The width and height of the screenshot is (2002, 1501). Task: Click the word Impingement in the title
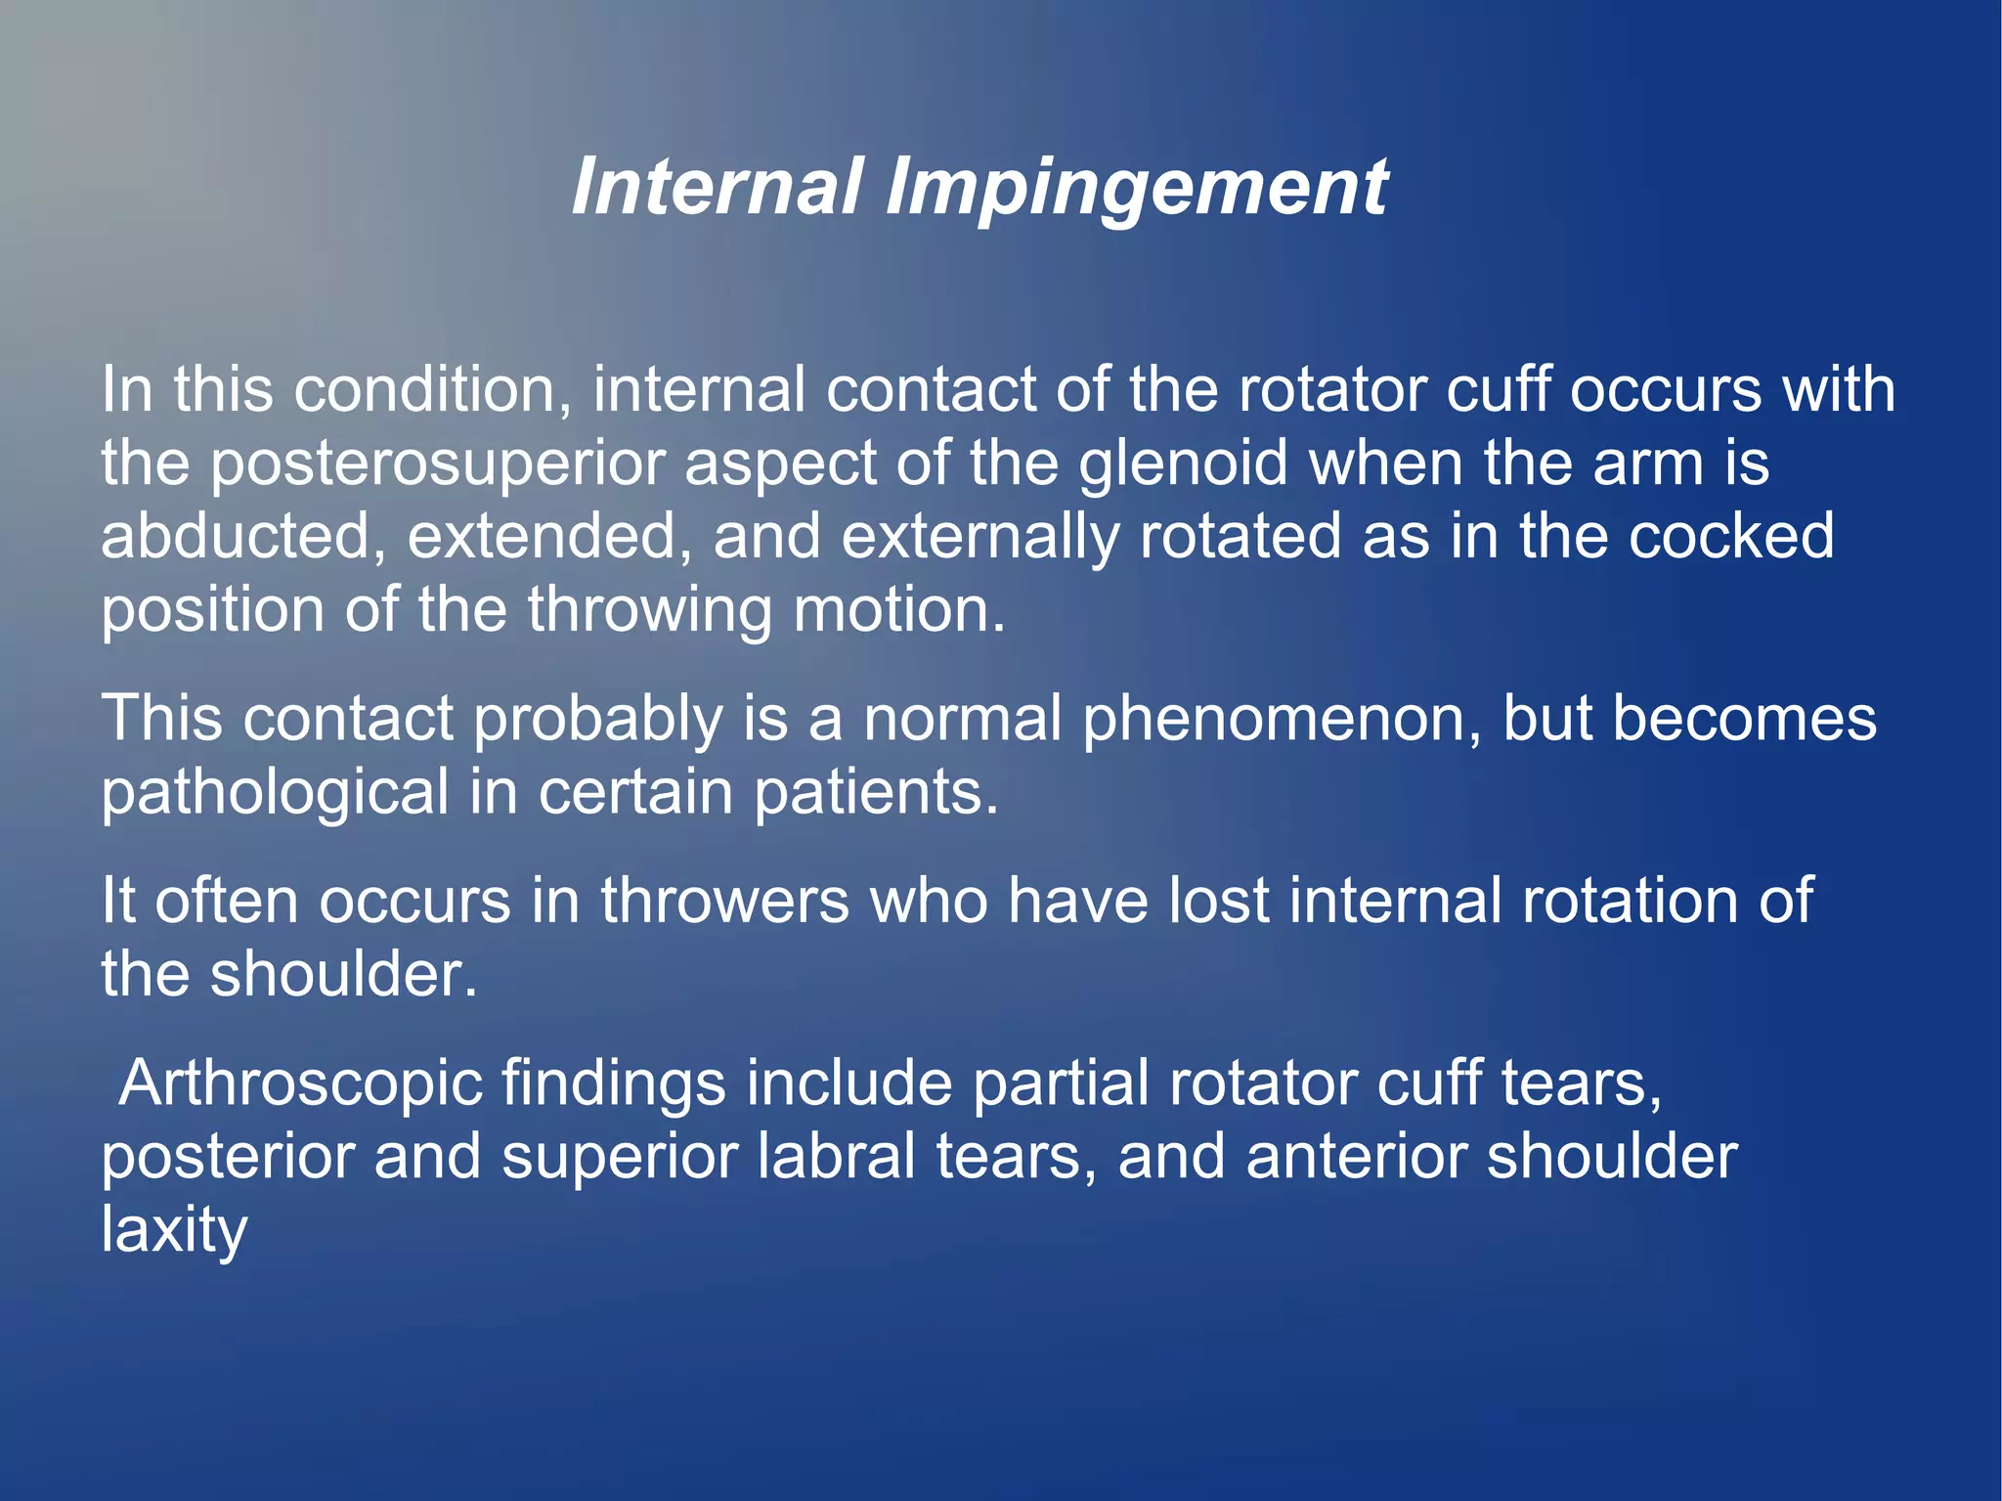(x=1136, y=187)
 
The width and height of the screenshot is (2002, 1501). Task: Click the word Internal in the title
(x=718, y=187)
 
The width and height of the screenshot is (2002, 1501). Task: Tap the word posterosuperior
(x=437, y=464)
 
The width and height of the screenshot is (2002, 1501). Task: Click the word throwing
(x=650, y=610)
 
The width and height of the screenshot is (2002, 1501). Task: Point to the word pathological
(x=275, y=792)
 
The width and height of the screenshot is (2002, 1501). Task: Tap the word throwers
(x=724, y=901)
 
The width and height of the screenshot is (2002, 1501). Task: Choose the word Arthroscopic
(x=301, y=1084)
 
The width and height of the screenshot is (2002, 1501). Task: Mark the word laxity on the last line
(x=174, y=1231)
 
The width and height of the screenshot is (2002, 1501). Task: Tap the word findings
(x=613, y=1084)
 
